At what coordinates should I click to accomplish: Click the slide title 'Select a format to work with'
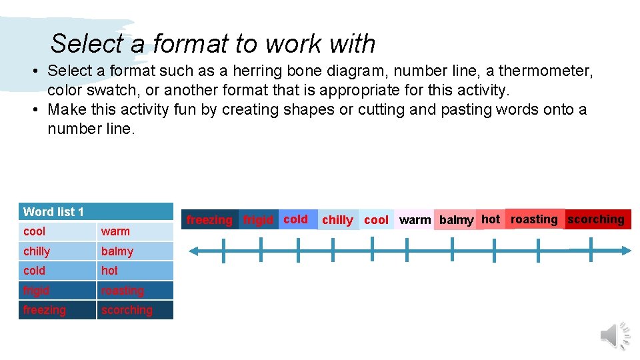click(x=213, y=44)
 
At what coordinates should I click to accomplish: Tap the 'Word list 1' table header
click(x=53, y=212)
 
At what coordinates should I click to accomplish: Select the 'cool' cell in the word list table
click(x=35, y=231)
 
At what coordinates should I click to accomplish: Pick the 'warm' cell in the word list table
click(x=115, y=231)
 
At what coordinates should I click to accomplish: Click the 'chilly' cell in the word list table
click(x=37, y=251)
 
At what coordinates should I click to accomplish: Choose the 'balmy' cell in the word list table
click(x=117, y=251)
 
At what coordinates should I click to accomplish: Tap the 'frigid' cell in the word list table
click(x=36, y=291)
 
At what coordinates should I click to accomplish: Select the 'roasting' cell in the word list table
click(x=123, y=291)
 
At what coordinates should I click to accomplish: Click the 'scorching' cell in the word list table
click(x=127, y=310)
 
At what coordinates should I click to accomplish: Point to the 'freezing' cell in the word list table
click(x=44, y=310)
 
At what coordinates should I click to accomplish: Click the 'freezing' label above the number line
click(x=209, y=219)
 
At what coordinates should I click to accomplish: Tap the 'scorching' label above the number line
click(x=596, y=219)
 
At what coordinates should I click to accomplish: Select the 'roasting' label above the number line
click(x=534, y=219)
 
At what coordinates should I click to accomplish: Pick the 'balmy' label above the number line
click(x=456, y=220)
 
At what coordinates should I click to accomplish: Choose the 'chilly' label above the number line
click(x=337, y=220)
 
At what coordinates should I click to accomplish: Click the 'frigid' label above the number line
click(x=258, y=219)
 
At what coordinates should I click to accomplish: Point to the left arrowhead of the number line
click(x=194, y=251)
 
